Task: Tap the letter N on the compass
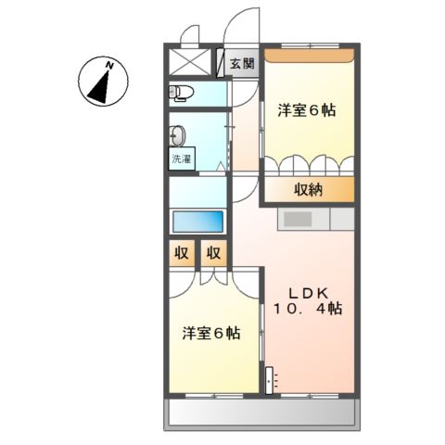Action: (x=109, y=65)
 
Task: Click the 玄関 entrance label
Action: (x=241, y=63)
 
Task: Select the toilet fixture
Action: (x=181, y=91)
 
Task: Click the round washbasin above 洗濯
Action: (x=178, y=133)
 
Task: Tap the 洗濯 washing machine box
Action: (x=181, y=159)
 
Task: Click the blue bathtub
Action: (x=197, y=222)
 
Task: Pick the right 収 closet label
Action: (x=213, y=252)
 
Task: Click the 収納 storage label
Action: (x=310, y=190)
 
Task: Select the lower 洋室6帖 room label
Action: (x=212, y=333)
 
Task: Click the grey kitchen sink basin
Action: (x=299, y=220)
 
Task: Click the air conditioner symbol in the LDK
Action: (x=269, y=379)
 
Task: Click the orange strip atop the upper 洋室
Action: (x=308, y=55)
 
